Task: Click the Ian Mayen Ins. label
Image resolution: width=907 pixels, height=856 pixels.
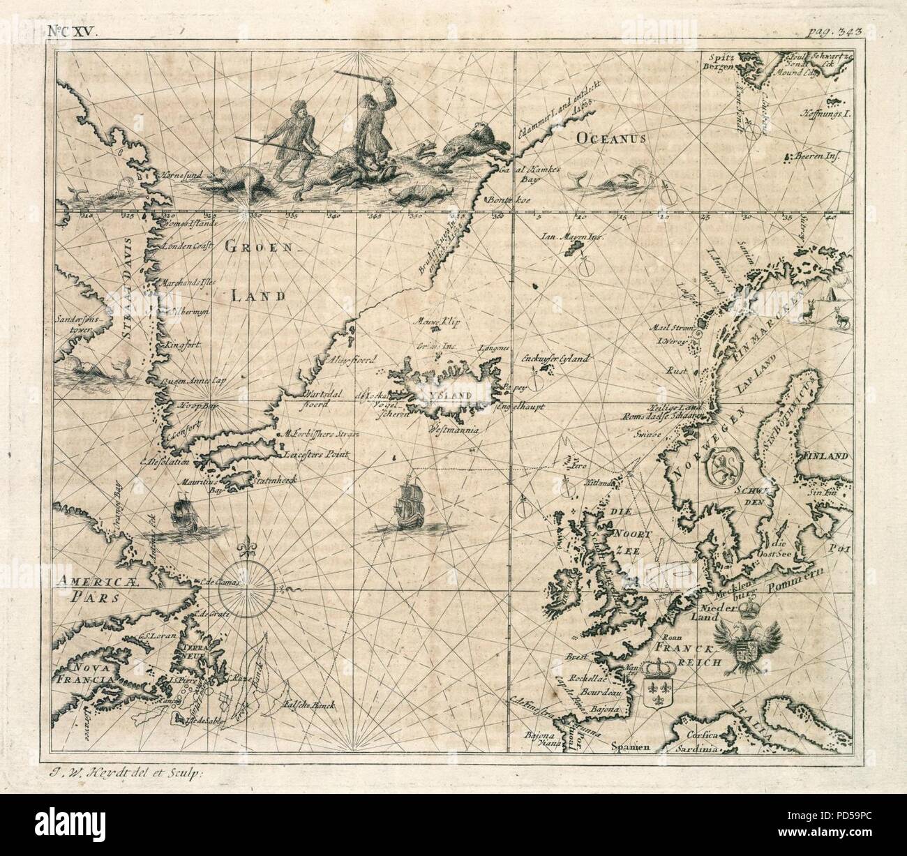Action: tap(571, 237)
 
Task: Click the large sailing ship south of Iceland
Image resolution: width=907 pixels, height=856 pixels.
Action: tap(409, 506)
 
